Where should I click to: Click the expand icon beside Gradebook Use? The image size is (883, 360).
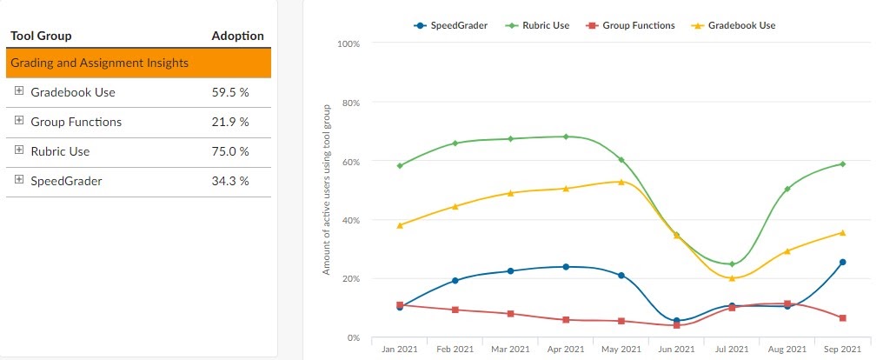19,91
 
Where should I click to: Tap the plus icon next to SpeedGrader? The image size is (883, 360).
19,180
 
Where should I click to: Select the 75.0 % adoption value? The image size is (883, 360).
230,151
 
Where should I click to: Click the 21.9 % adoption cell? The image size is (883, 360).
230,122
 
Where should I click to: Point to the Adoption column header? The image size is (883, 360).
237,36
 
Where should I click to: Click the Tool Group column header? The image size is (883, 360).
41,36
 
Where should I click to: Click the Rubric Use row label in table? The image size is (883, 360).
60,151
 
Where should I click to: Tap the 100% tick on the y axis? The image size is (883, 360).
348,43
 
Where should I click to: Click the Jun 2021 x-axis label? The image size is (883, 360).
676,349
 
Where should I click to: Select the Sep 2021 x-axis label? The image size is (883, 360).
842,349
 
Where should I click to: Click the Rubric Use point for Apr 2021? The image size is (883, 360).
566,137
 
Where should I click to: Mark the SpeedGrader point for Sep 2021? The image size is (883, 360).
842,262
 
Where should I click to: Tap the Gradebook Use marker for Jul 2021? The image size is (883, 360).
732,278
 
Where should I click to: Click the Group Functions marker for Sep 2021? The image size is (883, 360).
842,318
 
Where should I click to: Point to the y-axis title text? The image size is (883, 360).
327,189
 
